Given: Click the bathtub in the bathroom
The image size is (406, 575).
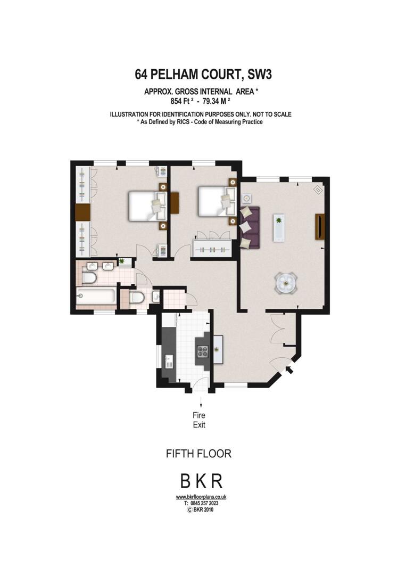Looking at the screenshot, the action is pos(95,297).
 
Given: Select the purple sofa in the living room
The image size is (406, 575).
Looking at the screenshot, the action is pos(250,227).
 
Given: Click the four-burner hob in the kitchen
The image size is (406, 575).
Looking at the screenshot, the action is pos(203,352).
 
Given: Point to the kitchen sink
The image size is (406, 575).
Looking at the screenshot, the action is pos(169,362).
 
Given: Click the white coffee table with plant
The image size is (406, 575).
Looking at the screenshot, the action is pos(279,227).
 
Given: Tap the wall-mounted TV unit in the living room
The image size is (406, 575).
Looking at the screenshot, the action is pos(320,227).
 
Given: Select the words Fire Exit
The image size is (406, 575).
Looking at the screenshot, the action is pos(199,420).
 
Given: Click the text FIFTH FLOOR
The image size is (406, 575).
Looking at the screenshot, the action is pos(198,454).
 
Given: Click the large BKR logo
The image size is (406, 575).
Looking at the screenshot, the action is pos(201,481).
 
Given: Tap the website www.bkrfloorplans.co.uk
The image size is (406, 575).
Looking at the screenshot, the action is pos(201,497).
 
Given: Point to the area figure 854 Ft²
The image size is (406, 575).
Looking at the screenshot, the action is pos(183,101).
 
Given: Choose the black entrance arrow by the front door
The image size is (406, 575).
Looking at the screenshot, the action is pos(289,369).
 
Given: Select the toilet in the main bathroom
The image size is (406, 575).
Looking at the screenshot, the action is pos(89,277).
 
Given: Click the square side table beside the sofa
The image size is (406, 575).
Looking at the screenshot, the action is pos(246,199).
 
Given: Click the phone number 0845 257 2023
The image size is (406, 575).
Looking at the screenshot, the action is pos(204,504).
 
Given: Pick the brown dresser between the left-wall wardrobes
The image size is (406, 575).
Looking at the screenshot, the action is pos(82,212).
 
